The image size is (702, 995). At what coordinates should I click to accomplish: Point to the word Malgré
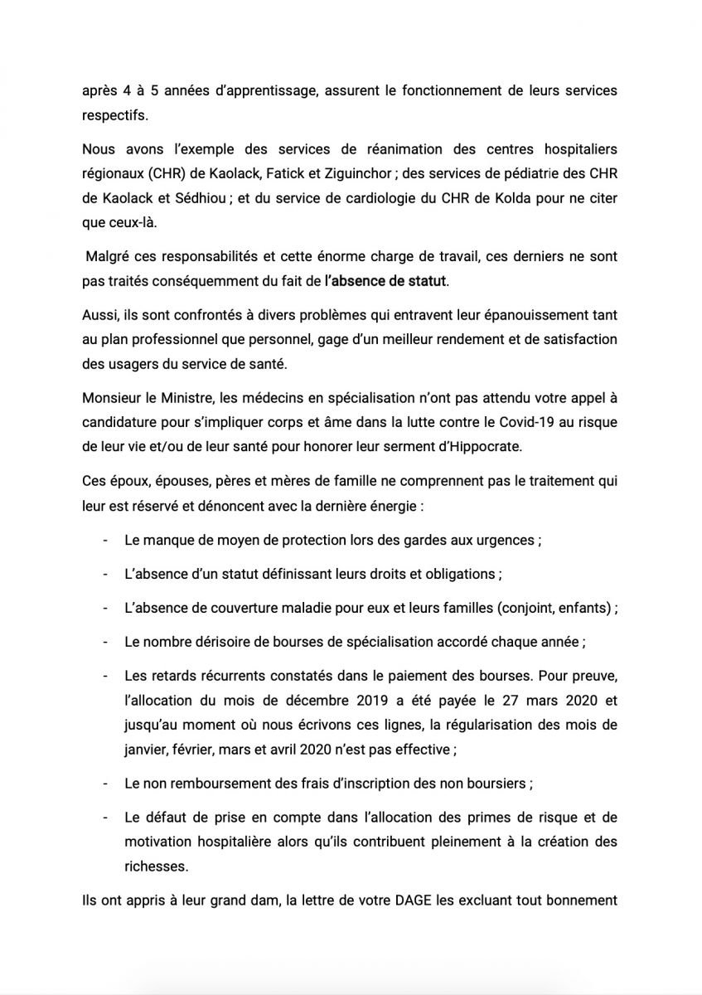[109, 258]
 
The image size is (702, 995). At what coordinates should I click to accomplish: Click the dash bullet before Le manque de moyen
[106, 540]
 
